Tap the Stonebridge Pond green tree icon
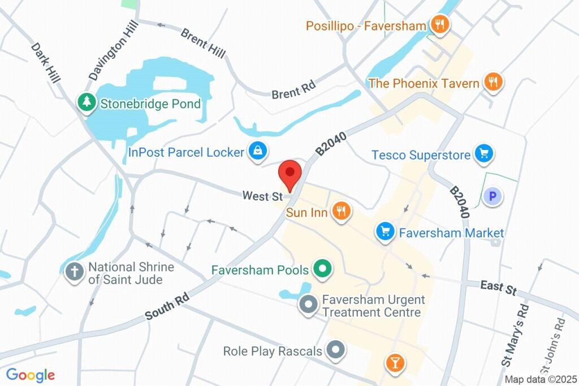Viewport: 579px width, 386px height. point(86,102)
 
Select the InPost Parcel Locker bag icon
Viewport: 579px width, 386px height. point(257,151)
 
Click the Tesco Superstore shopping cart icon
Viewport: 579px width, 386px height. point(483,153)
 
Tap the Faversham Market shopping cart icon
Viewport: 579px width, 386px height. point(386,231)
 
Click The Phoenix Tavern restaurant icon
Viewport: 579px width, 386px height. point(493,82)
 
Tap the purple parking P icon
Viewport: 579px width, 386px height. point(492,196)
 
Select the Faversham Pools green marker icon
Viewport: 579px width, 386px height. point(322,269)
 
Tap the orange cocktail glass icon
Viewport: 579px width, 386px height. point(395,363)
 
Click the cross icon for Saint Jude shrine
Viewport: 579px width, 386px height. point(74,271)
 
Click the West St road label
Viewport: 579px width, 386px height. point(262,196)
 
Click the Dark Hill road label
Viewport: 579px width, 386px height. point(45,63)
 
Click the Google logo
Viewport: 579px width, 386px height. point(31,375)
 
